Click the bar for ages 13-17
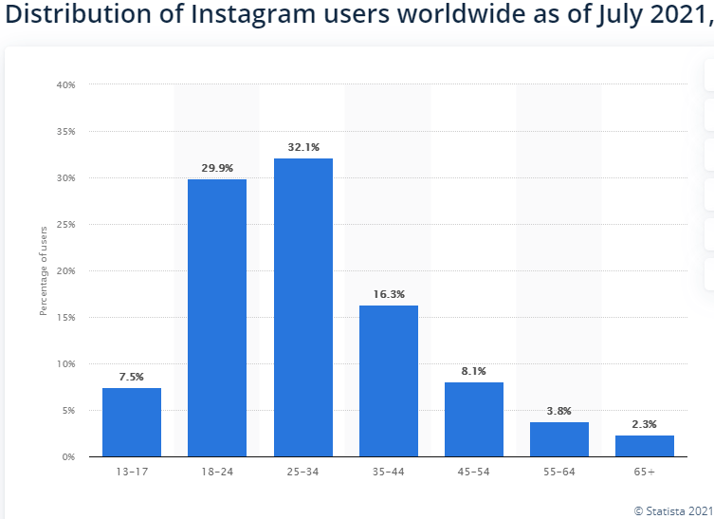pos(132,422)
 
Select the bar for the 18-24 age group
pos(217,318)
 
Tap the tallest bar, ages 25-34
pos(302,307)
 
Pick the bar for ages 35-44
pos(388,380)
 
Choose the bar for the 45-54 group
pos(473,419)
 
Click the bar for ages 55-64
pos(558,439)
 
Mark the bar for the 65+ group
pos(644,446)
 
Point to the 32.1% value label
pos(302,147)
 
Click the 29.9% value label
pos(217,168)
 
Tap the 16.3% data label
pos(388,294)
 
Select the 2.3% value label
pos(644,424)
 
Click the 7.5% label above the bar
pos(132,377)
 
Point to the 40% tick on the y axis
pos(66,85)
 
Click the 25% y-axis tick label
pos(66,225)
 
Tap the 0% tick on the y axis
pos(69,457)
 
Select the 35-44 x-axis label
pos(388,472)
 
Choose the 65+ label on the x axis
pos(644,472)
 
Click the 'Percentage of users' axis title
pos(43,271)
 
